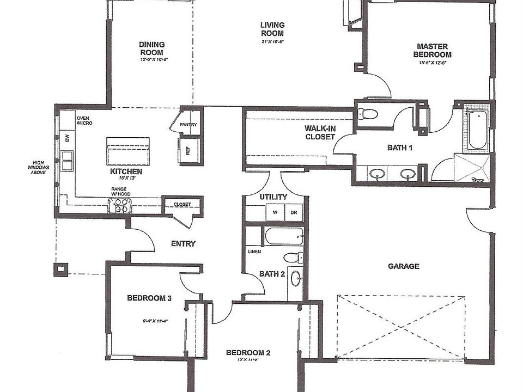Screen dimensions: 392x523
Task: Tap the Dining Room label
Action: [x=152, y=48]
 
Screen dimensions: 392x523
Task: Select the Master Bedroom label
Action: [x=432, y=51]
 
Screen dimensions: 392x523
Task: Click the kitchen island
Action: [x=127, y=151]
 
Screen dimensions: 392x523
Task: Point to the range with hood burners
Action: [x=120, y=205]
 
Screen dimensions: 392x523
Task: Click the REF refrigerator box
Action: [x=187, y=151]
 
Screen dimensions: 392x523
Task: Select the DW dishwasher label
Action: [x=68, y=139]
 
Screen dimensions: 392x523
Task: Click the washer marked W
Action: [x=275, y=212]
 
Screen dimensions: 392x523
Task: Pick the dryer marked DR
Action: [x=293, y=212]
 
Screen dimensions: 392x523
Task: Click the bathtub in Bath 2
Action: [x=284, y=236]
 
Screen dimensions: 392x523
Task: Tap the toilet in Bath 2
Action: [x=293, y=258]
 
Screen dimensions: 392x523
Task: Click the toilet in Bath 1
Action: [x=368, y=114]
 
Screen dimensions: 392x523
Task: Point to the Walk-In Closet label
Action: [x=320, y=132]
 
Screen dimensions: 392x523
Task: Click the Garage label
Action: [x=403, y=266]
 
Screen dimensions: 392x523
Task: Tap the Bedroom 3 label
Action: [x=149, y=298]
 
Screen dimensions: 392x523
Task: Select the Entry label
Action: [x=183, y=243]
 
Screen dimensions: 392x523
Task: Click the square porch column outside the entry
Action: [x=60, y=268]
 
